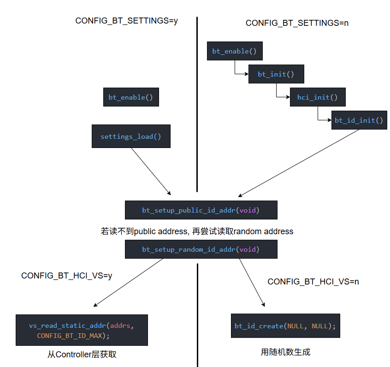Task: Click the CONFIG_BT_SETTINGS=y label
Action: point(126,21)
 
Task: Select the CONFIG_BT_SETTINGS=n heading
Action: point(297,23)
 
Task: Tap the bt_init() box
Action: point(276,74)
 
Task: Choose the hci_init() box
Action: point(317,97)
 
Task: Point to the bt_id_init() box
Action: point(359,120)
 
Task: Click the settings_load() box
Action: point(131,136)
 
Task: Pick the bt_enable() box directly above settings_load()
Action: point(131,97)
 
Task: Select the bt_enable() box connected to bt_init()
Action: point(235,51)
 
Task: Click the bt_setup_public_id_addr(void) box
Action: point(201,210)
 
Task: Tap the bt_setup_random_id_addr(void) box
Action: point(201,249)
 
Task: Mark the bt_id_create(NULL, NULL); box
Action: point(285,326)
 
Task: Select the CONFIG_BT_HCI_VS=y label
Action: point(67,276)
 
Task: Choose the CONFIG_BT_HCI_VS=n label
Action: point(313,281)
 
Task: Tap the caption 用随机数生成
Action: point(285,352)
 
